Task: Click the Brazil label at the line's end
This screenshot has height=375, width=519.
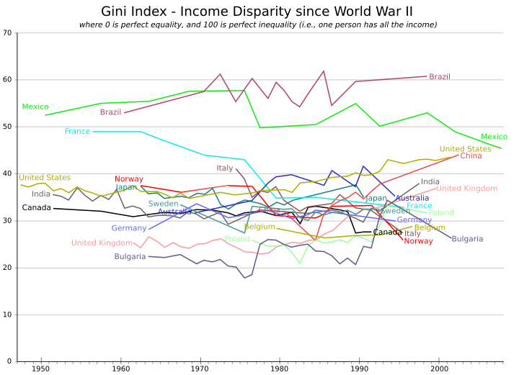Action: pos(439,76)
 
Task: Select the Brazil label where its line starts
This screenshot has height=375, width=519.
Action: pos(110,112)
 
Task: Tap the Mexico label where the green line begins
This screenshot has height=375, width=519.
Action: pos(35,107)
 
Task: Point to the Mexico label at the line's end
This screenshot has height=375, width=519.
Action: pos(494,137)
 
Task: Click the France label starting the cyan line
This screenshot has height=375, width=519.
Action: pos(77,132)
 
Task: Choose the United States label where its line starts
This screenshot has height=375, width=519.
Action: pos(45,178)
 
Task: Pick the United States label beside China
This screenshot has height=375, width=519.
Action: pos(465,149)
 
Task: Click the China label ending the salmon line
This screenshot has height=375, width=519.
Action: pos(471,156)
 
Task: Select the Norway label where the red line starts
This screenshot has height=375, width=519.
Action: pos(128,179)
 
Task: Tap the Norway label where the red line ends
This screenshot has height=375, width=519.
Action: pos(418,242)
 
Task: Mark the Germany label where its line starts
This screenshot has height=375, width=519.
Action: pos(129,229)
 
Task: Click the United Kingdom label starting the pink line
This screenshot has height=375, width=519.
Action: pos(102,243)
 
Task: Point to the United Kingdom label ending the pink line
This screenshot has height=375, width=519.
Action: pos(467,189)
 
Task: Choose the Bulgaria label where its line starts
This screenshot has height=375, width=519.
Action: pos(130,257)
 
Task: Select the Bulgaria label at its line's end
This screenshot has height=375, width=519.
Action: pos(467,239)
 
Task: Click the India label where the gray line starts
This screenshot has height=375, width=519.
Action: pos(41,194)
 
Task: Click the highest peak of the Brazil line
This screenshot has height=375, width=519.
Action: pos(324,71)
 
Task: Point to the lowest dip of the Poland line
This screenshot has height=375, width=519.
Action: pos(301,263)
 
